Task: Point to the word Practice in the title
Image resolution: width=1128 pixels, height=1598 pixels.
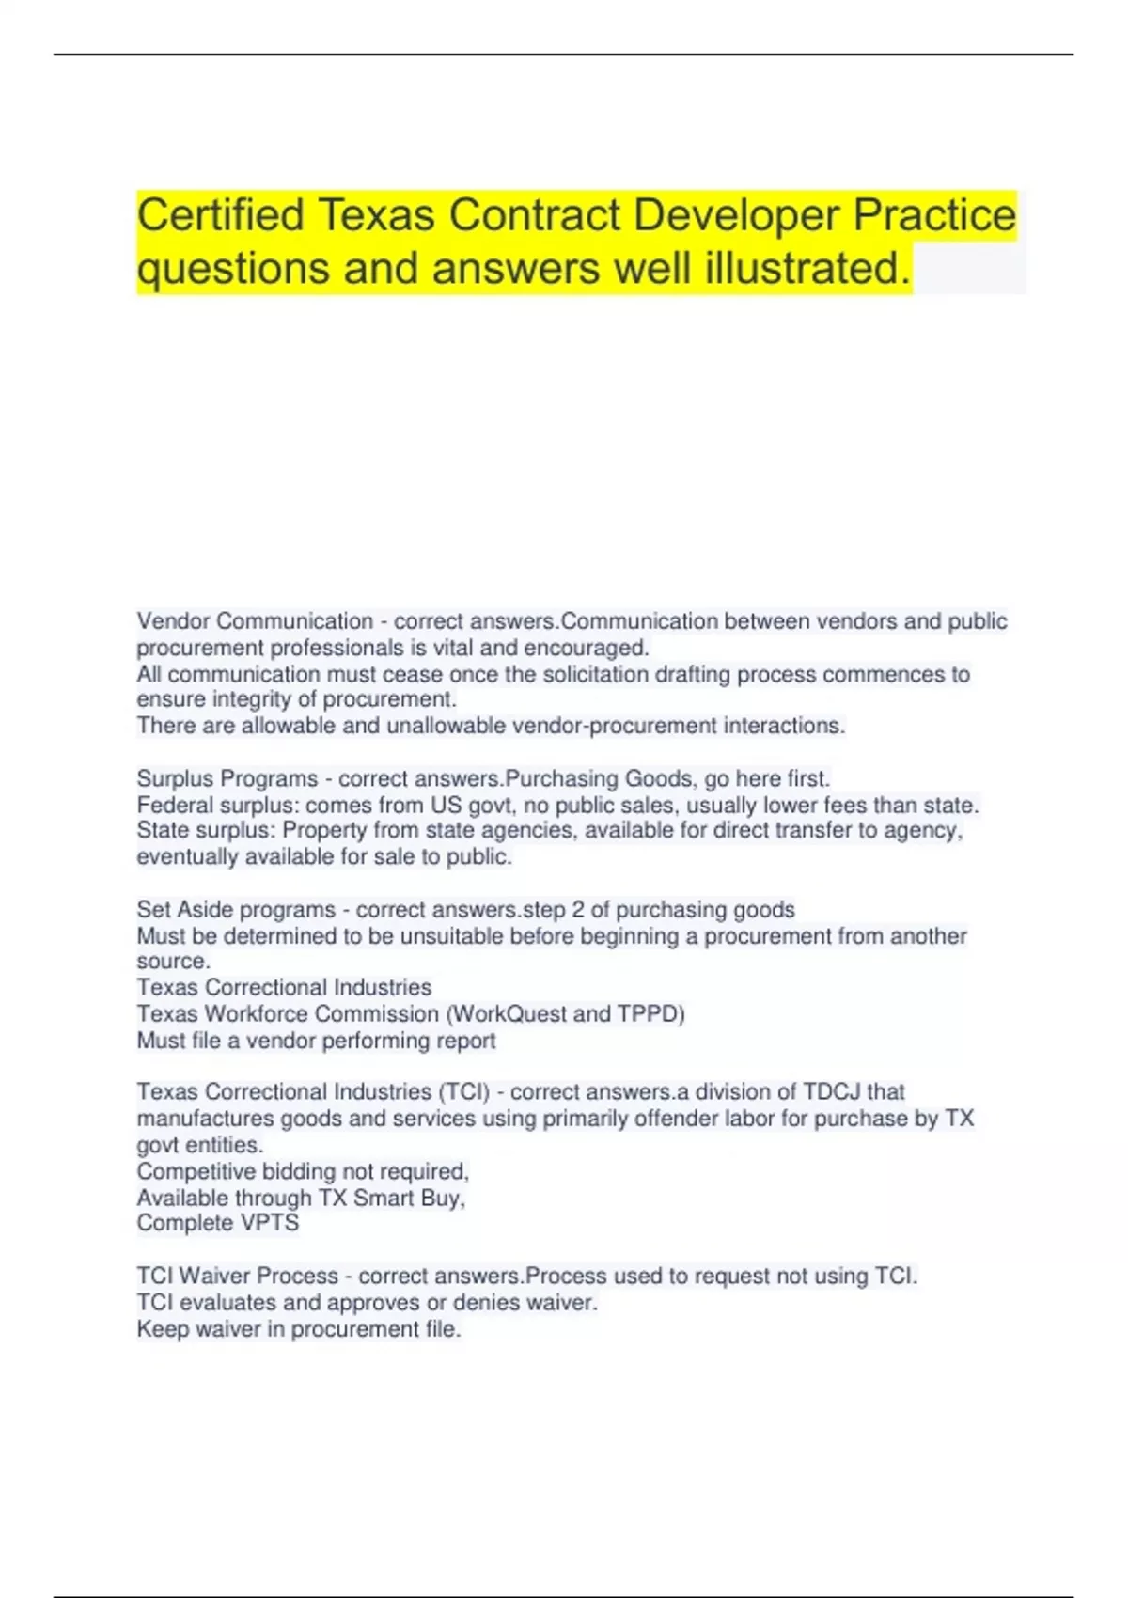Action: [x=934, y=215]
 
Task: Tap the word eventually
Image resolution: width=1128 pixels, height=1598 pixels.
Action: [x=187, y=856]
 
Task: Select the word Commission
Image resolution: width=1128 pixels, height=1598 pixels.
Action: [x=377, y=1014]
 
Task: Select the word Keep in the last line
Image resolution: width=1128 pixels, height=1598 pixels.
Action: [x=163, y=1329]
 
